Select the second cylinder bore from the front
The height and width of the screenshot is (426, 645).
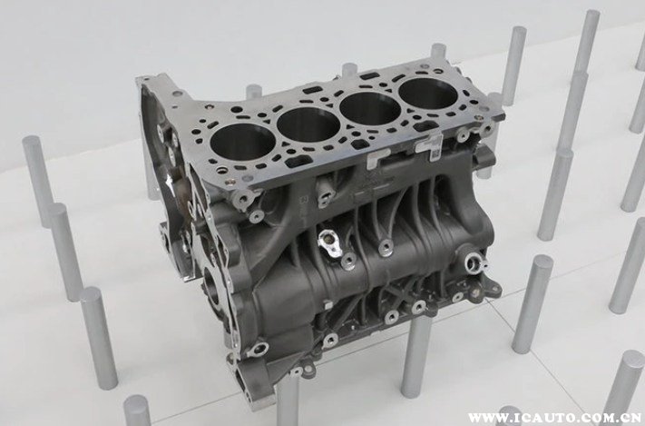tap(308, 124)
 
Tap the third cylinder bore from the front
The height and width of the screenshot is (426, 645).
tap(370, 108)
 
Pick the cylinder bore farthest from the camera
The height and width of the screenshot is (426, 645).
tap(428, 94)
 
